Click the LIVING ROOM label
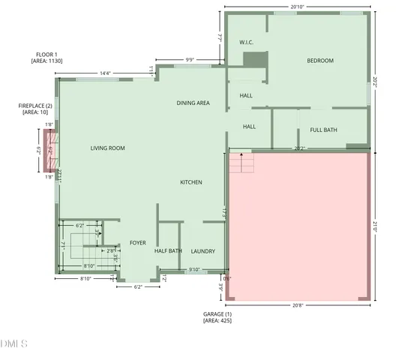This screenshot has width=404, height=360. pos(107,148)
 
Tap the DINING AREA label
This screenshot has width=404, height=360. pos(193,103)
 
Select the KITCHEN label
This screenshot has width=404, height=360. pos(191,182)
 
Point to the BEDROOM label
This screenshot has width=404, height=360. pos(320,61)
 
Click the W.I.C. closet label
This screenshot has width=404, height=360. pos(246,43)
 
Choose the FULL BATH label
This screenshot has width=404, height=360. pos(323,130)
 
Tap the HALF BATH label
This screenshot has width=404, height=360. pos(169,251)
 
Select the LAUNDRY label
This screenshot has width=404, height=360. pos(203,251)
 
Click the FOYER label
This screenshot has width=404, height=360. pos(138,243)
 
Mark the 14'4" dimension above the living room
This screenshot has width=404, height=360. pos(105,73)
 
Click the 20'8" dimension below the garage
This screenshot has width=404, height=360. pos(297,304)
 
